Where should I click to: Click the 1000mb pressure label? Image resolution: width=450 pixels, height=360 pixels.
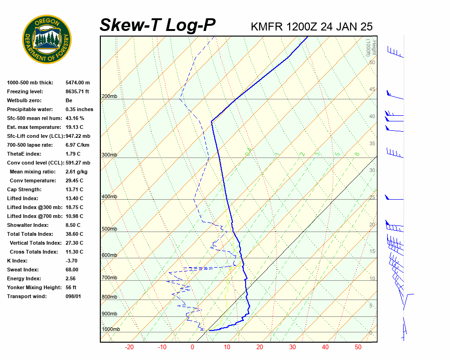click(111, 329)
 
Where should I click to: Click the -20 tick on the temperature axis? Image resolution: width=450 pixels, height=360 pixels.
click(129, 347)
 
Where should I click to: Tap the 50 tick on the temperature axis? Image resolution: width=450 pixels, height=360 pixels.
click(358, 347)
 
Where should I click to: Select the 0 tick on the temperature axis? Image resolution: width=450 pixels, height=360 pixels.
click(192, 347)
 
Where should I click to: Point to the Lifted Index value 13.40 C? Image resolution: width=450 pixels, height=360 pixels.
click(74, 198)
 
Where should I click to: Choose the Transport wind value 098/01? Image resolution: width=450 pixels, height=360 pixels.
click(73, 296)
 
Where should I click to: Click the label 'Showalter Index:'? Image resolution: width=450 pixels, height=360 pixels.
click(28, 225)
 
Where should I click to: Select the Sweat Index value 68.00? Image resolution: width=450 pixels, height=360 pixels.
click(72, 270)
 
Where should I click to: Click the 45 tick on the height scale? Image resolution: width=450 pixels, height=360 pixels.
click(372, 89)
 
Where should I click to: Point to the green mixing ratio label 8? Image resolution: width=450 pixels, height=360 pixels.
click(357, 154)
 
